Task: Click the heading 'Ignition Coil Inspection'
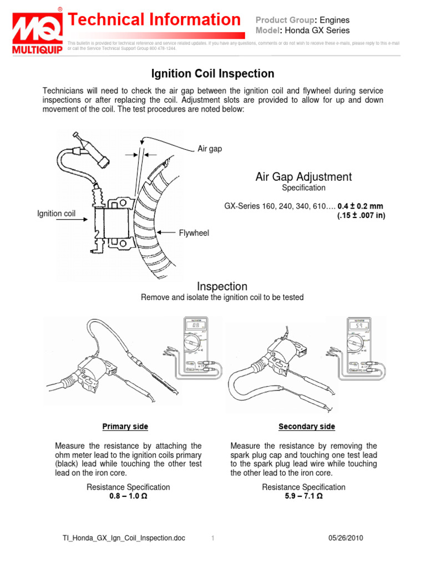213,73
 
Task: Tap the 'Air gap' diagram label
210,149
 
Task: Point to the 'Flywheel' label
194,234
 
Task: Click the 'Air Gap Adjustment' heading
303,177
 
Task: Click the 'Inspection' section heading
222,286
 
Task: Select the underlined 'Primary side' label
125,427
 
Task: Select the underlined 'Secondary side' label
307,427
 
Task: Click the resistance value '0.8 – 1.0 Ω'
128,496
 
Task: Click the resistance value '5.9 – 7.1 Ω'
303,496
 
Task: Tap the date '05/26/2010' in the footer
346,539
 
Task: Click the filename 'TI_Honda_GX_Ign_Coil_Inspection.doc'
123,539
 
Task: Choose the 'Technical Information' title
154,20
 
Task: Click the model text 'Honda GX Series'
321,31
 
